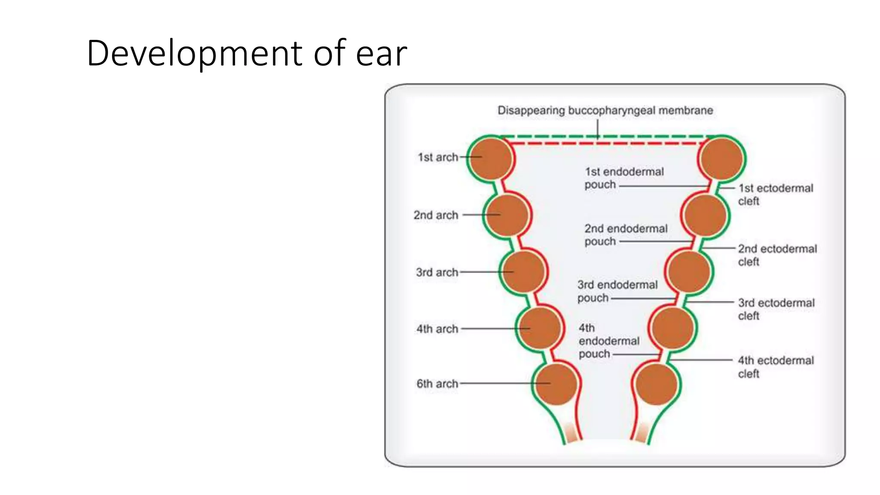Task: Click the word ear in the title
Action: click(x=381, y=54)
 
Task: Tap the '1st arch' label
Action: click(x=438, y=157)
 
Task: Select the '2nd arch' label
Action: click(x=436, y=215)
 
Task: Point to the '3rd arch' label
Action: click(x=437, y=272)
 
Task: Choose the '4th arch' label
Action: click(x=437, y=329)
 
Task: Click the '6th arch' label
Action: click(x=437, y=383)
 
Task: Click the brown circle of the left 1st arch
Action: click(x=491, y=159)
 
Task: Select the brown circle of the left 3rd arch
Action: click(x=523, y=272)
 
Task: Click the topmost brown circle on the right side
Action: click(x=722, y=159)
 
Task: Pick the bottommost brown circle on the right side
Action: click(x=656, y=384)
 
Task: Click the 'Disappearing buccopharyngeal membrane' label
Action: click(x=605, y=110)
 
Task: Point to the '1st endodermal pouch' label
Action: click(x=624, y=178)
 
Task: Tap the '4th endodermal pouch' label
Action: click(x=608, y=341)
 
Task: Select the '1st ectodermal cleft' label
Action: click(x=775, y=194)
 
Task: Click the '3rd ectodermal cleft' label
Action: click(x=776, y=309)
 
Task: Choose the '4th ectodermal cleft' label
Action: click(x=776, y=367)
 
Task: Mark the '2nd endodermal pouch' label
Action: click(x=626, y=235)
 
